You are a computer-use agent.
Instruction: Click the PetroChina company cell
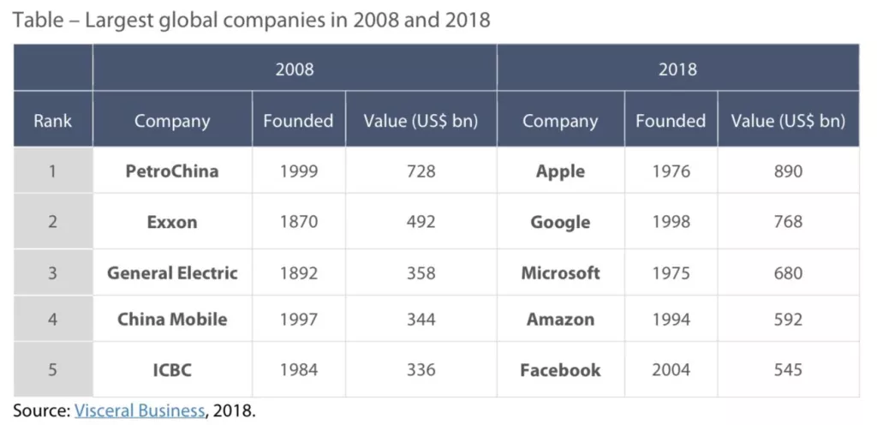172,171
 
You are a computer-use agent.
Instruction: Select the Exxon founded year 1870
298,222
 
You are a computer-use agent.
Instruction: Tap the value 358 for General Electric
421,273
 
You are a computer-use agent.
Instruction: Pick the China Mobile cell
172,320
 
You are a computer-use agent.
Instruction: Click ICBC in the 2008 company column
172,370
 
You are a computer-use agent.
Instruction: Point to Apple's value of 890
787,171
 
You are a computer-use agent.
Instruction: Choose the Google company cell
560,222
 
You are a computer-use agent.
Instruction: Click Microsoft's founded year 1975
671,273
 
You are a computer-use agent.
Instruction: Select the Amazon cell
560,320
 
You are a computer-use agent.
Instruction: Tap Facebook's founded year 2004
671,370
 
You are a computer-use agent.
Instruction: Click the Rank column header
52,121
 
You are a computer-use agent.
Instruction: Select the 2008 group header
294,69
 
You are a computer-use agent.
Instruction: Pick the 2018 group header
677,69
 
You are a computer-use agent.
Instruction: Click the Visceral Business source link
140,410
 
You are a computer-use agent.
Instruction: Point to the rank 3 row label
52,273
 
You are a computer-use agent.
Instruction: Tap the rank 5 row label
52,370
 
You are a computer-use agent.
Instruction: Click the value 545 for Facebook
787,370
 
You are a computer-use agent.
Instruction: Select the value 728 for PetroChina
421,171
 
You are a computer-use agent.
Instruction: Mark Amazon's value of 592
787,320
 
